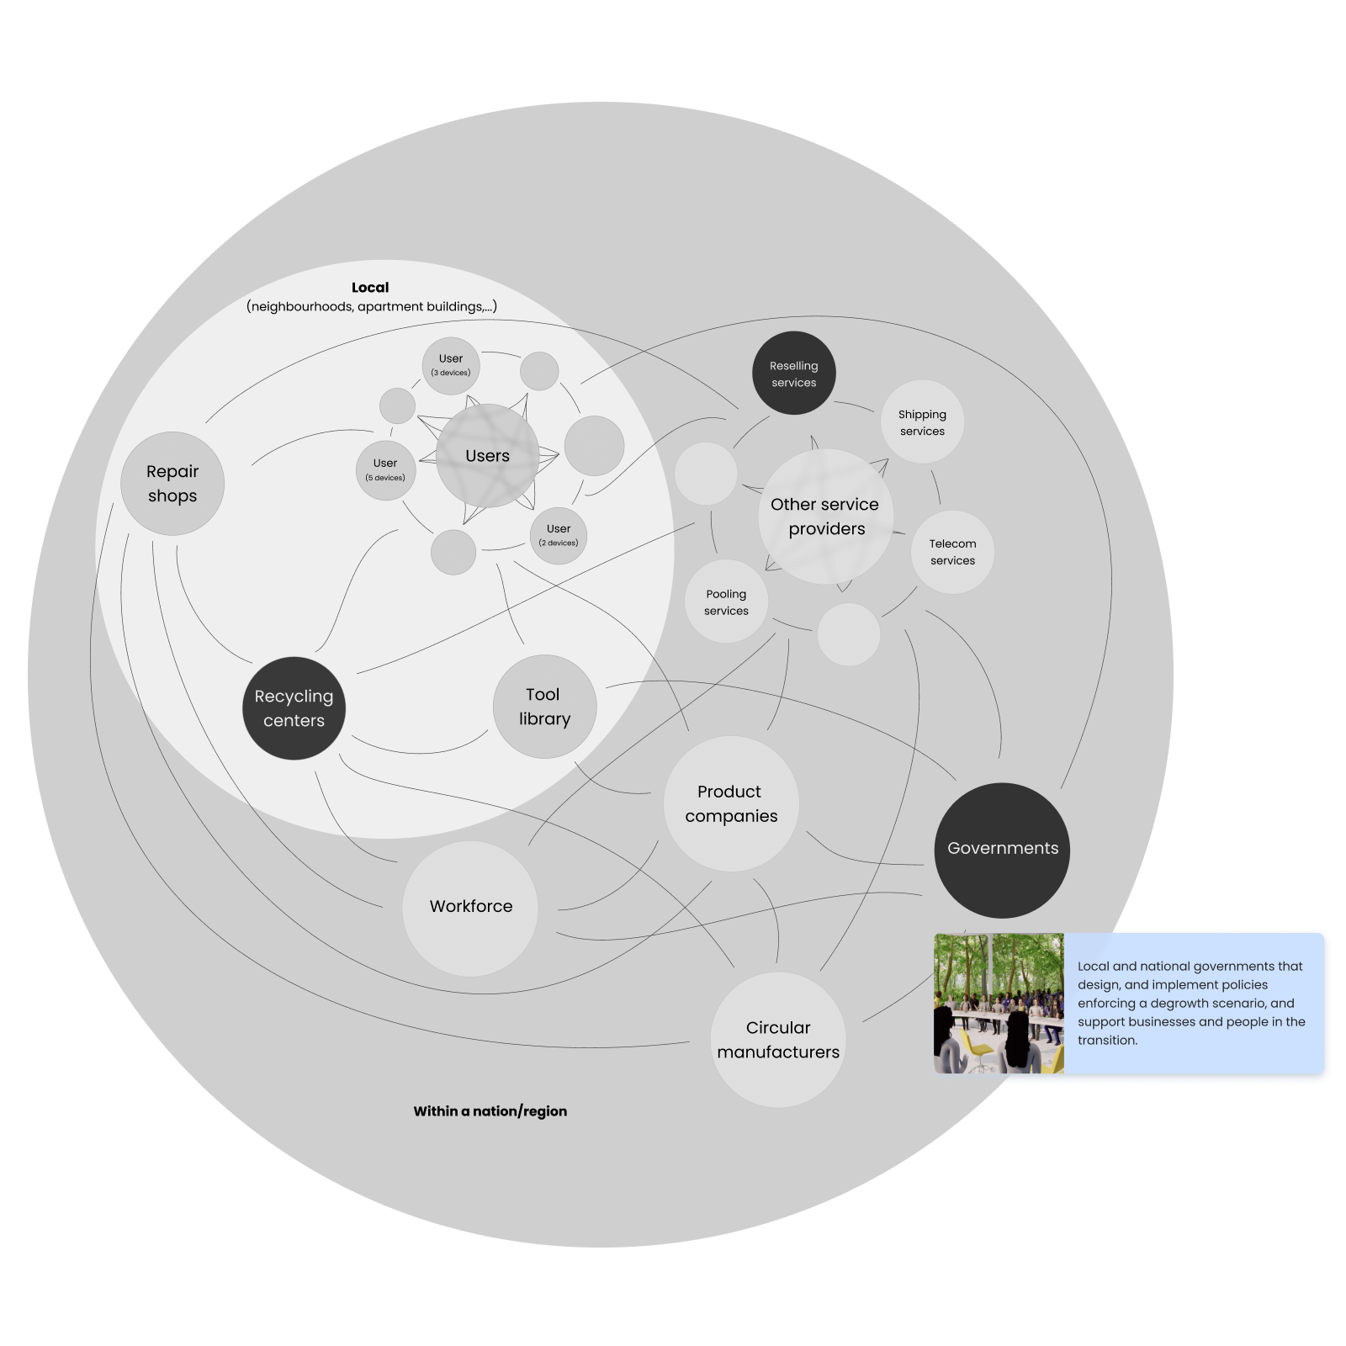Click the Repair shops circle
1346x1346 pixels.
172,484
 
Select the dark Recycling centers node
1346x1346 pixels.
294,708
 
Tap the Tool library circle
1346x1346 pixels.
544,707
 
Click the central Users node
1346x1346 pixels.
487,456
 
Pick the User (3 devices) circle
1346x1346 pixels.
451,365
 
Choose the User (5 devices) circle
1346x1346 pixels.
385,469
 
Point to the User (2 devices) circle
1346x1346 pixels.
559,535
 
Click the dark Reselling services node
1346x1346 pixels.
793,374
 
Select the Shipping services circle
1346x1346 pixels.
922,422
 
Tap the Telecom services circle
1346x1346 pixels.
952,552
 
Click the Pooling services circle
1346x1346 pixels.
726,602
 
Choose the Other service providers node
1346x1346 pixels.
825,517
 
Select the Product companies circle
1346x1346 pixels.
731,803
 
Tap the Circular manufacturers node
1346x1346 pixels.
778,1040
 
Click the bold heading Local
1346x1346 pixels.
370,288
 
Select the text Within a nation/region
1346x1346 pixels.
490,1111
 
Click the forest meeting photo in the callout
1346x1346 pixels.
999,1003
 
